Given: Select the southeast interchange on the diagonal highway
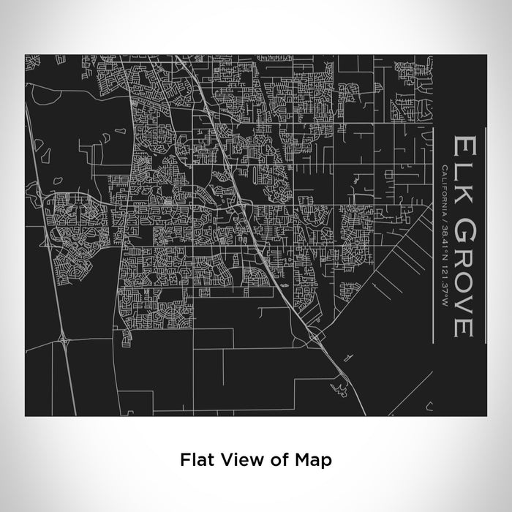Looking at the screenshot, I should tap(315, 334).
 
